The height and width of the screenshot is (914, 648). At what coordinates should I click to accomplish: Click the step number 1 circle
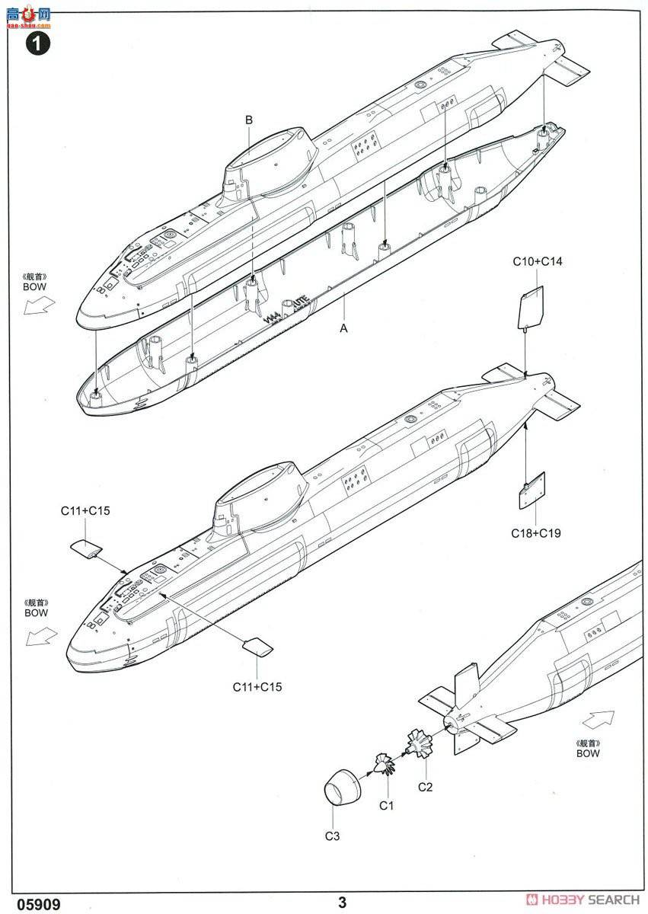(x=37, y=43)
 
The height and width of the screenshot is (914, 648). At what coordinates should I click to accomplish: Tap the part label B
(x=248, y=120)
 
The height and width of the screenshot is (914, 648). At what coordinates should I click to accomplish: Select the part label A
(x=343, y=328)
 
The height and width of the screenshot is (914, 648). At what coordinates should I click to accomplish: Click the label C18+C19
(x=536, y=533)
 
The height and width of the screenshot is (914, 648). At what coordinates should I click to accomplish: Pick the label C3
(x=331, y=836)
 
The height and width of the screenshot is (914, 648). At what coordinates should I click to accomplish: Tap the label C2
(x=425, y=787)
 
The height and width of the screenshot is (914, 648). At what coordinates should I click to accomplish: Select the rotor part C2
(x=419, y=744)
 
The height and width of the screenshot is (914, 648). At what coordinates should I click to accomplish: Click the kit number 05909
(x=32, y=903)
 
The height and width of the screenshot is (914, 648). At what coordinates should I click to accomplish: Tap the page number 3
(x=342, y=903)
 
